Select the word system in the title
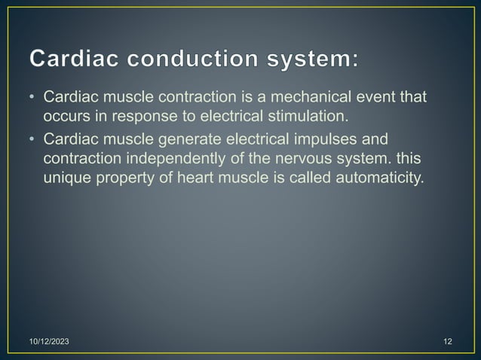(308, 59)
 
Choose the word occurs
(66, 117)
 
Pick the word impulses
(329, 139)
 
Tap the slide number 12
(448, 343)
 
